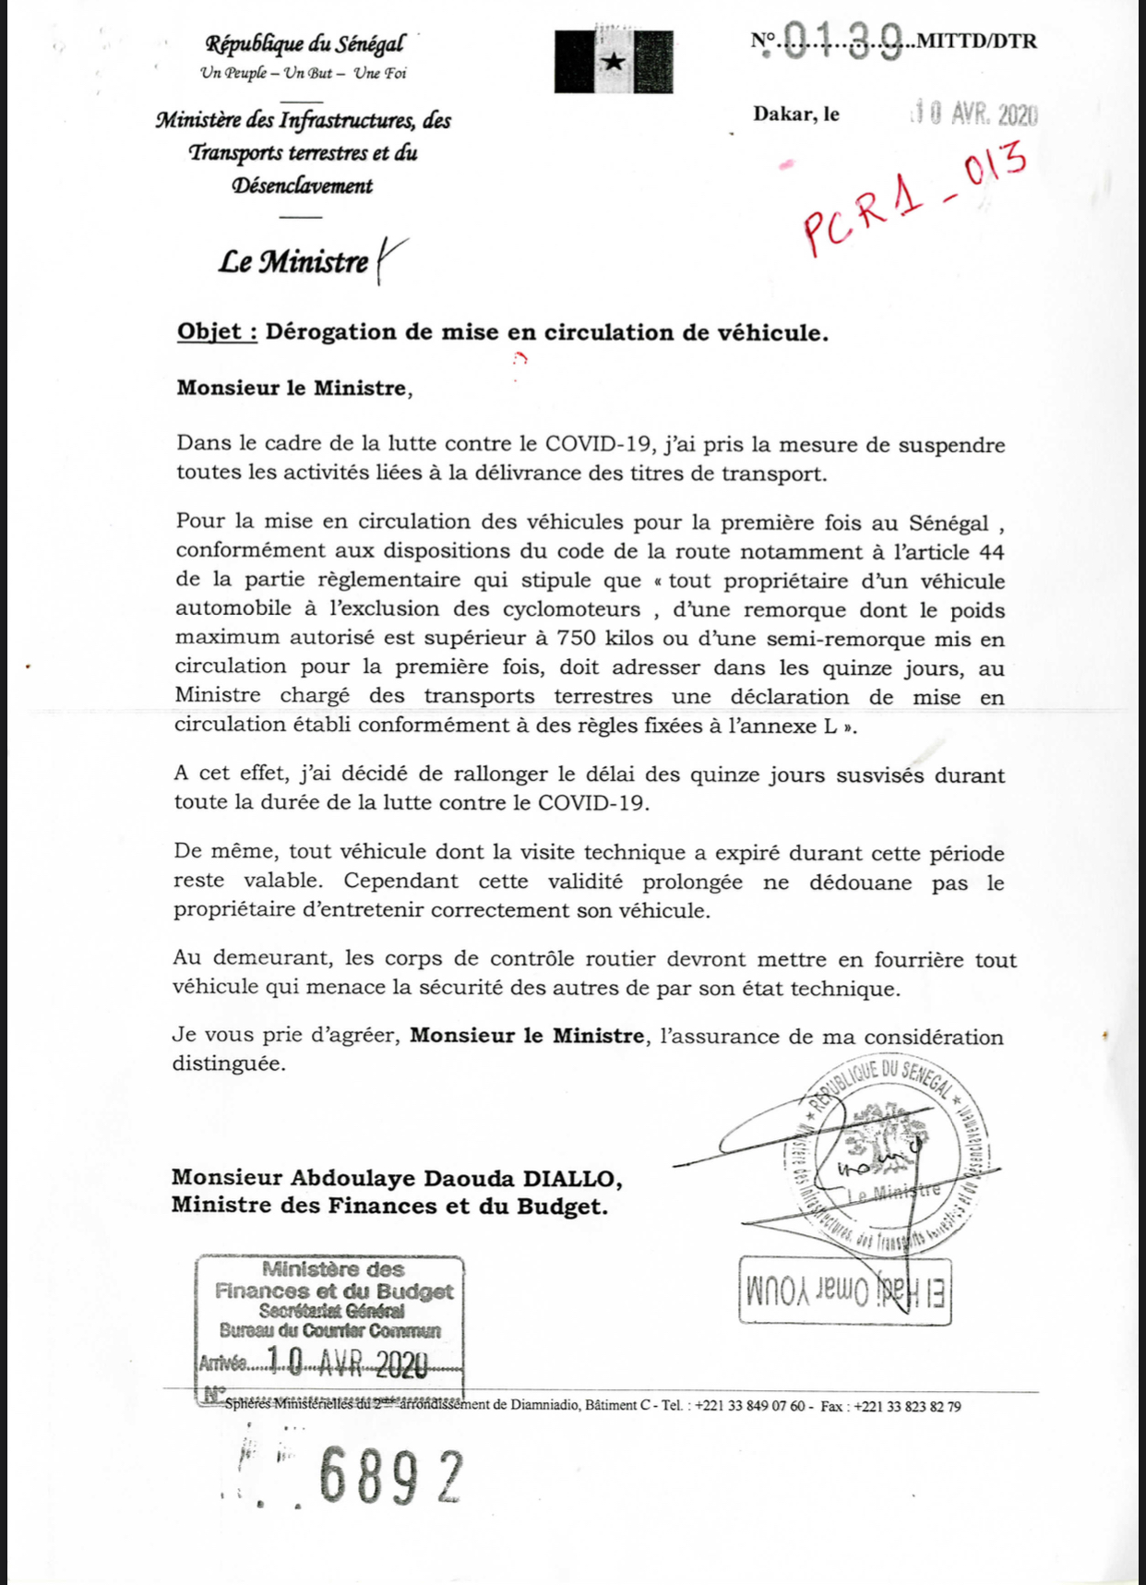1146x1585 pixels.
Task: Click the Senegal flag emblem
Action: (x=614, y=62)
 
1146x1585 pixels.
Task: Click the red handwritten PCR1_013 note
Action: (x=913, y=197)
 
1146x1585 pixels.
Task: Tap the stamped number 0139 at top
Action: (x=842, y=42)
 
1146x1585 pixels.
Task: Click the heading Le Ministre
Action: (x=293, y=262)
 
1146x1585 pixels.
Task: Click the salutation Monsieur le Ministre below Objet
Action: (x=293, y=388)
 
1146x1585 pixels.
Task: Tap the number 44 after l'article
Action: (x=991, y=552)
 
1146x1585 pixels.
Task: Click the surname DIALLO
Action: (x=572, y=1178)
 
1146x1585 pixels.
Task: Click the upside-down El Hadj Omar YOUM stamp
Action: (x=845, y=1290)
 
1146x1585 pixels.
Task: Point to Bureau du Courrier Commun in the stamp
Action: (x=330, y=1330)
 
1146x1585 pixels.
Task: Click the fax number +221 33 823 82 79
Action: (x=907, y=1406)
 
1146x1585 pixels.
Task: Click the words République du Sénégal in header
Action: (x=304, y=43)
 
